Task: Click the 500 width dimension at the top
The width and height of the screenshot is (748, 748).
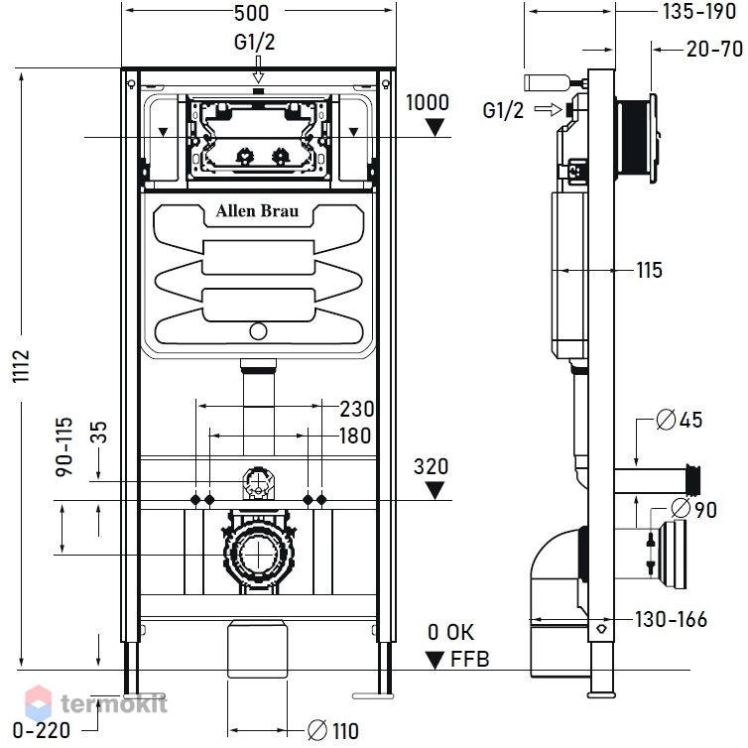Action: click(x=251, y=13)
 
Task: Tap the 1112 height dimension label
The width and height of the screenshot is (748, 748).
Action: click(x=22, y=366)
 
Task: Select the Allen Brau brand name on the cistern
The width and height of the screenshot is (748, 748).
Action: click(x=258, y=211)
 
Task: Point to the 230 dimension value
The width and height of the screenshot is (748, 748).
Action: click(x=357, y=409)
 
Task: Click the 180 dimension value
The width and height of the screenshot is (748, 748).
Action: click(x=355, y=436)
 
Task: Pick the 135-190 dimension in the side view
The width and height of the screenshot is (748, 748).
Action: click(x=699, y=12)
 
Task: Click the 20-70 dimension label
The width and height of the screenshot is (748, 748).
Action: click(x=714, y=50)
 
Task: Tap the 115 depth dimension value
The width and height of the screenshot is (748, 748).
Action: click(x=650, y=270)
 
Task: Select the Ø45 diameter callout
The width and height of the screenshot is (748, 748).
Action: click(x=680, y=420)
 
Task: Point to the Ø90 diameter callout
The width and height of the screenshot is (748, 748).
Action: click(x=694, y=509)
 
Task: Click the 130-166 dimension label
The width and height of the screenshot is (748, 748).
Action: click(x=671, y=620)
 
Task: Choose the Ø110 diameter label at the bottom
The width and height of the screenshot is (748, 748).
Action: click(x=333, y=730)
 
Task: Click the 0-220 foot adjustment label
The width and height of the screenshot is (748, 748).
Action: click(x=42, y=730)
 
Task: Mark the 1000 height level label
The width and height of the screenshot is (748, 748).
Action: click(x=428, y=102)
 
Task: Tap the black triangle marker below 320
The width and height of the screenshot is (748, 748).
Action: click(x=435, y=490)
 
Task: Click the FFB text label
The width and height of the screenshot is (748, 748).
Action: click(x=470, y=660)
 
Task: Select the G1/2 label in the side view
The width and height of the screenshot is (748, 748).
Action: click(x=503, y=110)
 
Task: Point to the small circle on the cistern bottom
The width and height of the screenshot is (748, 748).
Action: click(x=258, y=331)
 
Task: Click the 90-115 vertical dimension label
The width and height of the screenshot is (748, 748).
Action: click(x=64, y=446)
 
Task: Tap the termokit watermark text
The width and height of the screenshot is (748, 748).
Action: click(x=114, y=703)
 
